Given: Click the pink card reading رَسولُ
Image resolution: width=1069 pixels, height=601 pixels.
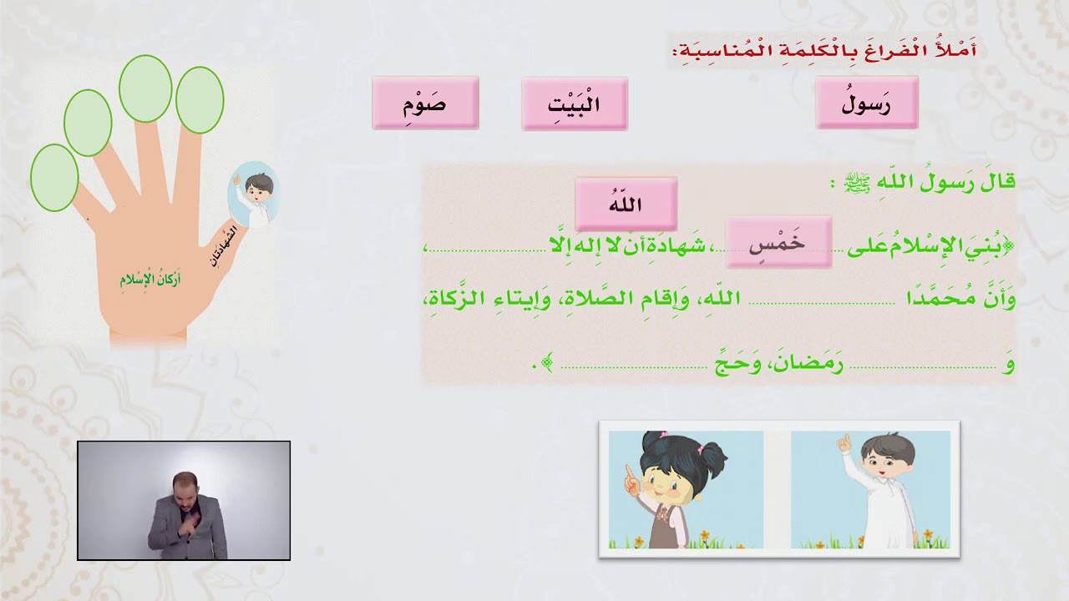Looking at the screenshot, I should coord(867,103).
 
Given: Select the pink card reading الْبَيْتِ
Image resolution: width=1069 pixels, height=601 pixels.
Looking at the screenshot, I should coord(575,104).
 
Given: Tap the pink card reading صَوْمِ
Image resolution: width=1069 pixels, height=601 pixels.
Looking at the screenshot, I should coord(425,104).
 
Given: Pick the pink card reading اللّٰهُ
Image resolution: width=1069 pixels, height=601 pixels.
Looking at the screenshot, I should coord(626,204).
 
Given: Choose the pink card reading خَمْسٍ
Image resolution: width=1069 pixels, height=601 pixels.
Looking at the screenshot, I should coord(779,242).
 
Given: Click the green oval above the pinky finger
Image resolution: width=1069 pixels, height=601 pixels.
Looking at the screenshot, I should coord(54,177).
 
